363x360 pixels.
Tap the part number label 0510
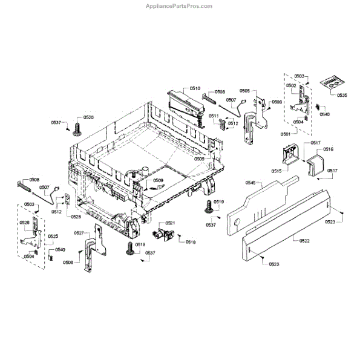tap(195, 89)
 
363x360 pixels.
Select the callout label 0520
tap(88, 117)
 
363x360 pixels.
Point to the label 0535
tap(342, 96)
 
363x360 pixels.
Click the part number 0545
tap(251, 182)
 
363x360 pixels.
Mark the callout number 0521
tap(171, 223)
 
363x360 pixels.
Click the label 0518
tap(191, 242)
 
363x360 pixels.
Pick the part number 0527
tap(79, 233)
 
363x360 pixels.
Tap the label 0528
tap(76, 217)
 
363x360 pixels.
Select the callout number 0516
tap(328, 149)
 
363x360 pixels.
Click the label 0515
tap(276, 172)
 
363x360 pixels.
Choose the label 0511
tap(214, 116)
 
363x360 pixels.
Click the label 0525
tap(53, 236)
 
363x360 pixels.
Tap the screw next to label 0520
tap(77, 128)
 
